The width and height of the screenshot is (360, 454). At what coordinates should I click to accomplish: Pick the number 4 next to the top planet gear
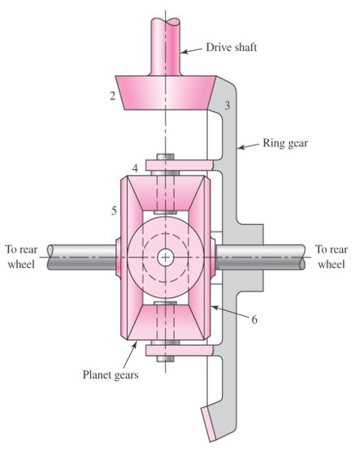(x=135, y=169)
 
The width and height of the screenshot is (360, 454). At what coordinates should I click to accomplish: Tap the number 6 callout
(x=254, y=320)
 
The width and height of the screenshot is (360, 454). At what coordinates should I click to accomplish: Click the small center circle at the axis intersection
(x=166, y=257)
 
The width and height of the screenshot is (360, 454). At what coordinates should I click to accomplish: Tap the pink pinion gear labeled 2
(x=167, y=94)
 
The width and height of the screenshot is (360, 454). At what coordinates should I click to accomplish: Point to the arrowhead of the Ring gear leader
(x=239, y=149)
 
